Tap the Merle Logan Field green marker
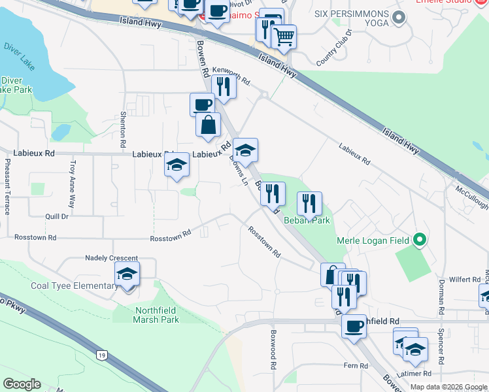point(420,240)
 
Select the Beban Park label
point(307,220)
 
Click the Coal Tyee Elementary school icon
point(127,274)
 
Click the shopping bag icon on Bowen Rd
point(208,125)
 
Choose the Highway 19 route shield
point(101,355)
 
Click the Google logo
point(22,384)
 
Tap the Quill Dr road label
point(56,216)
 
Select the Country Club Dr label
point(335,47)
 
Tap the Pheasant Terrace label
point(7,186)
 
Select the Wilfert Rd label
point(466,279)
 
